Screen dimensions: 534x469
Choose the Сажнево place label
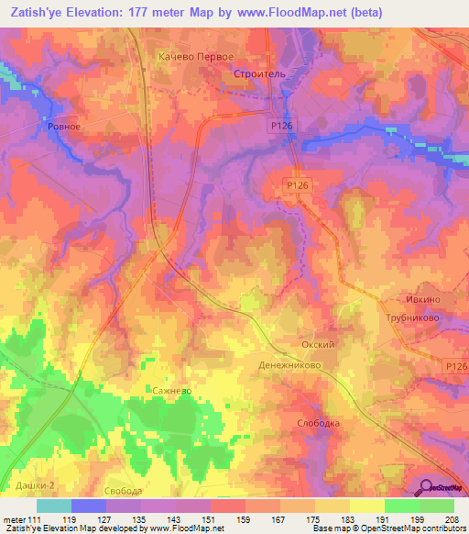coord(171,390)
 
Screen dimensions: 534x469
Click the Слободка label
coord(319,423)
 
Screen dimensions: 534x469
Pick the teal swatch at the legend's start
coord(53,506)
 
